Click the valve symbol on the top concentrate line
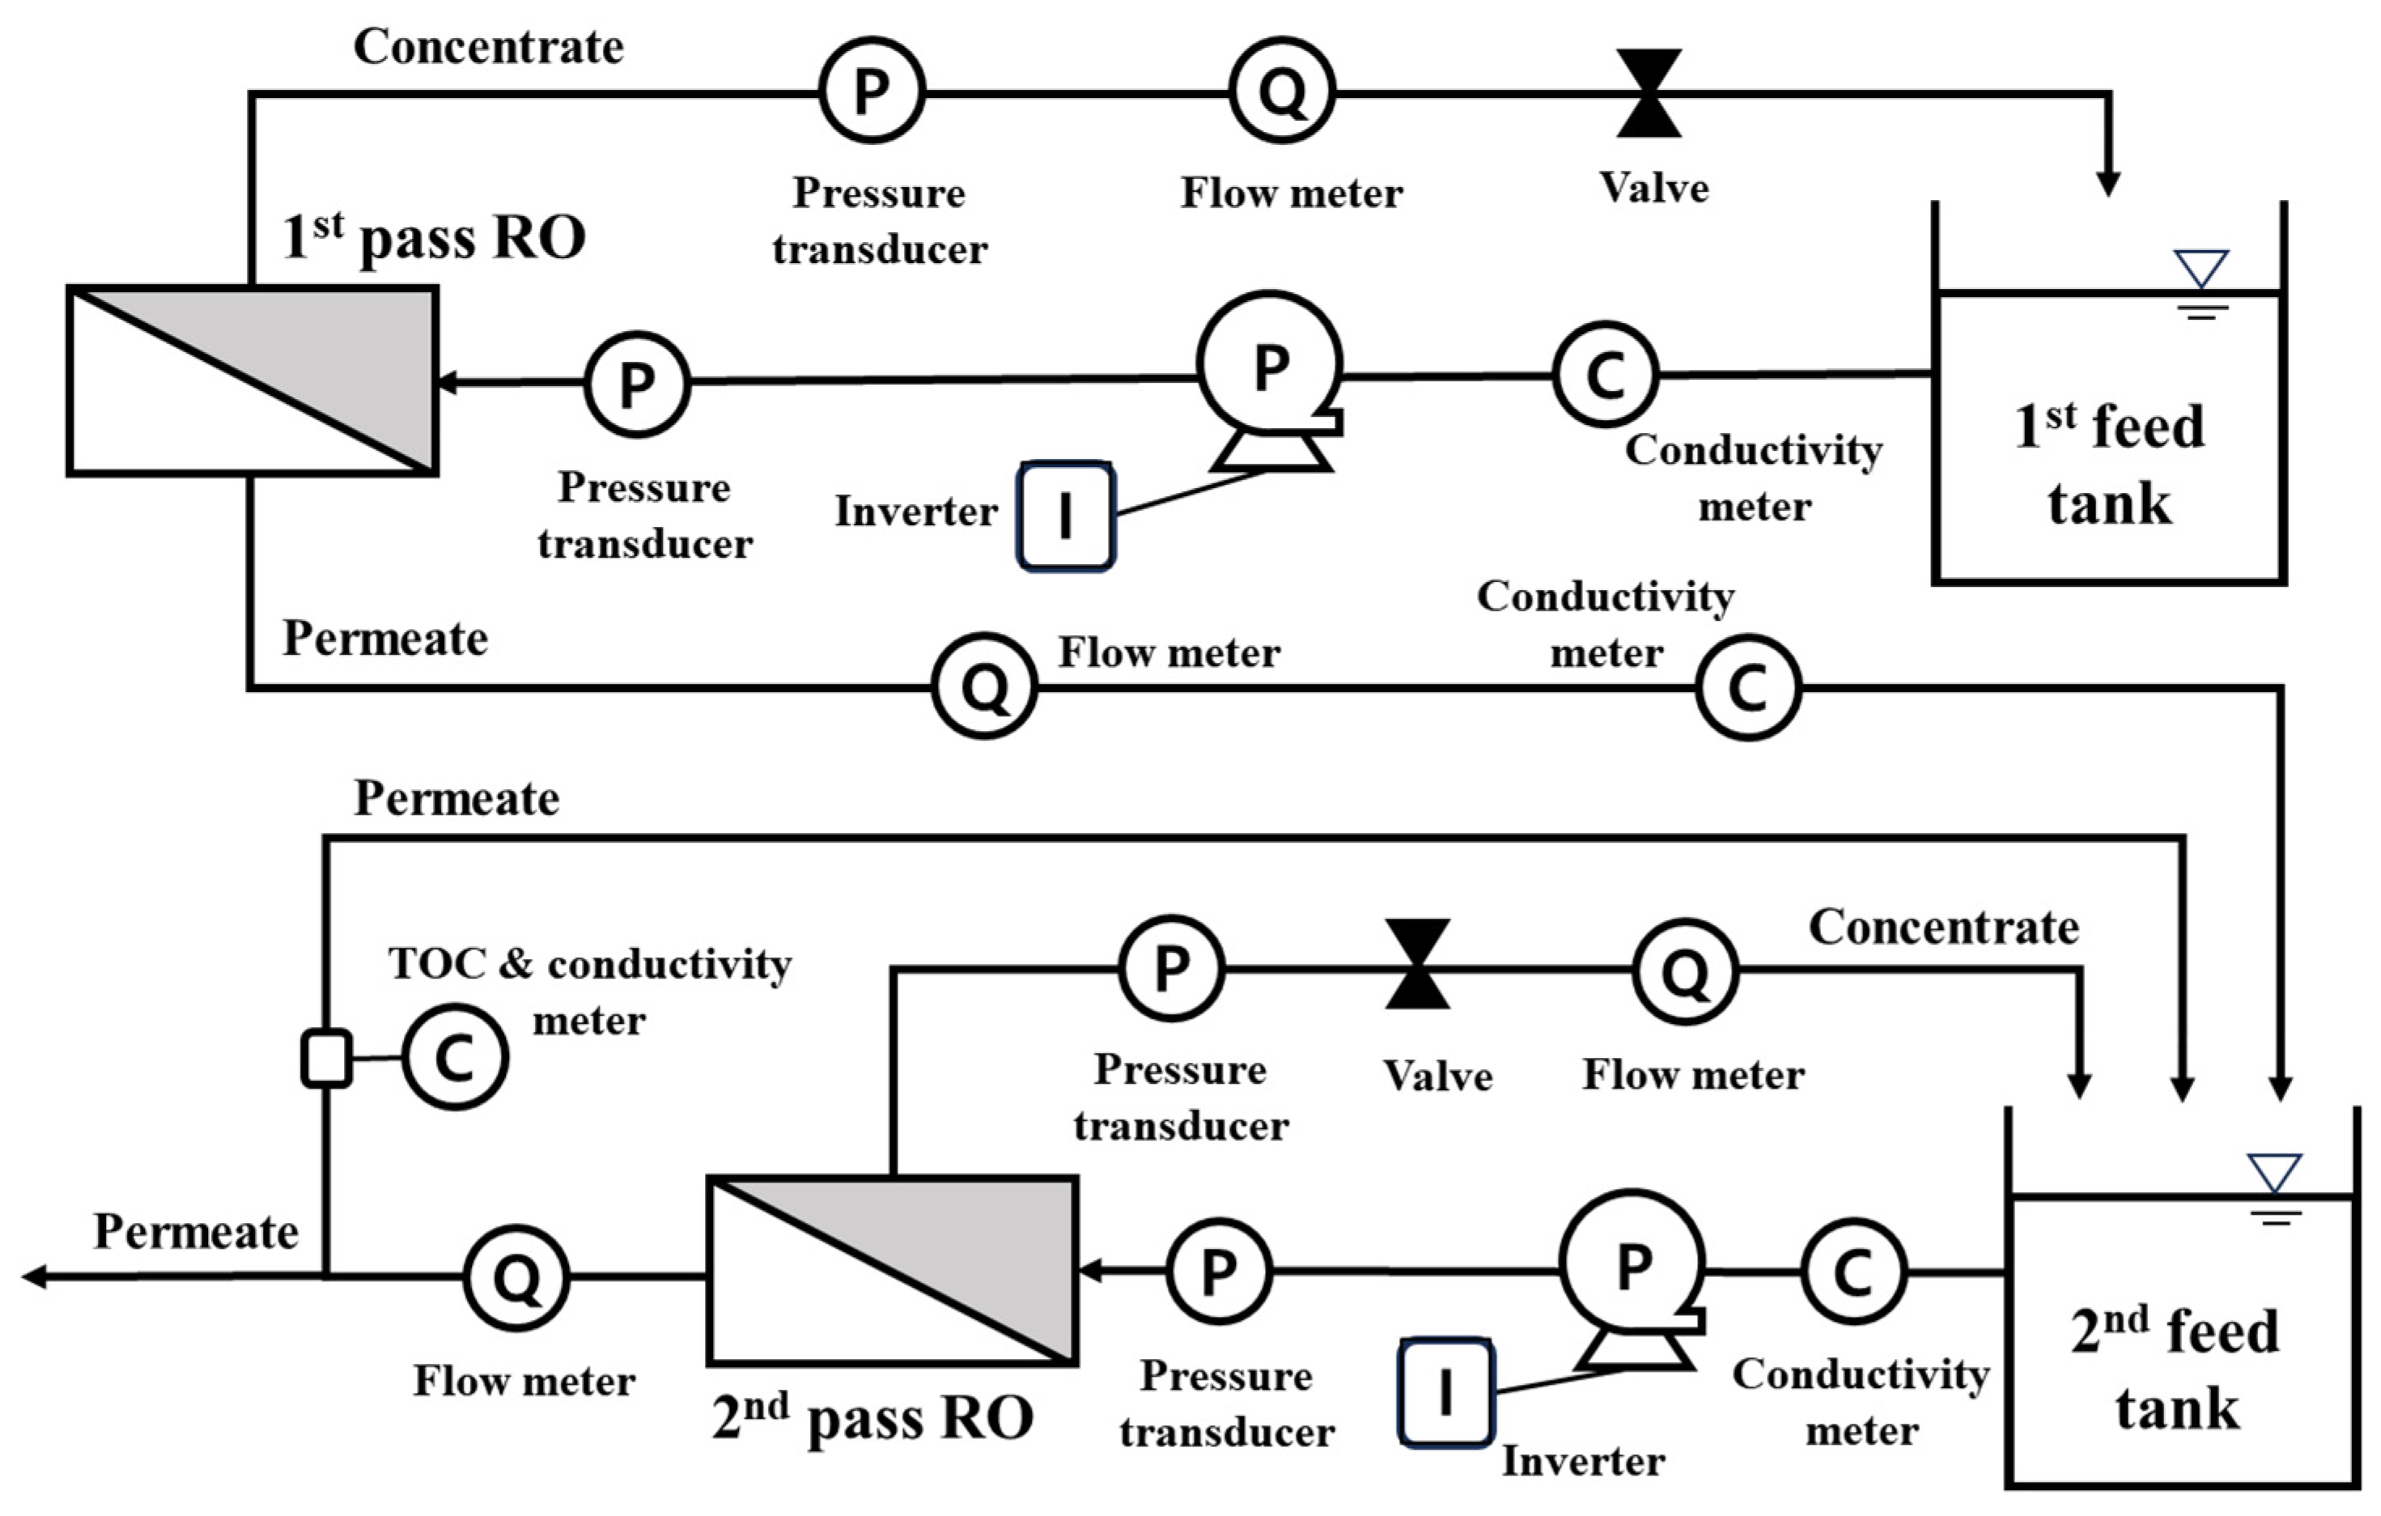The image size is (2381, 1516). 1649,93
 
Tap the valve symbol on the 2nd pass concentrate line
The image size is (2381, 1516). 1417,964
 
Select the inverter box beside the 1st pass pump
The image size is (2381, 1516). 1066,516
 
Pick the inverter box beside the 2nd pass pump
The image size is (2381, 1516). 1445,1392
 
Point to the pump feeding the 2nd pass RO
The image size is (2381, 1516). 1632,1265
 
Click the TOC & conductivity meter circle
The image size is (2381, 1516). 455,1057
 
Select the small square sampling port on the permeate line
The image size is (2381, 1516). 326,1058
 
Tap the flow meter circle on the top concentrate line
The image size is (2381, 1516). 1283,91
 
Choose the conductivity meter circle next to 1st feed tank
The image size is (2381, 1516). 1605,374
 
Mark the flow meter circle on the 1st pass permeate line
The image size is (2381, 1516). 985,686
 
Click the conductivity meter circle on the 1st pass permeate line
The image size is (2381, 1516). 1747,686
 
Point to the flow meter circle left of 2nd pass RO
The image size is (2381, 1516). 516,1278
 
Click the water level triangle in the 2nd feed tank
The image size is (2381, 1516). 2274,1172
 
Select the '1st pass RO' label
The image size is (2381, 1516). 433,237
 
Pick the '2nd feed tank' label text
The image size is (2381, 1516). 2175,1369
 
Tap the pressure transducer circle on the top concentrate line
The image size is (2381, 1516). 871,91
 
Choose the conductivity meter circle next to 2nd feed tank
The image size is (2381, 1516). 1853,1272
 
